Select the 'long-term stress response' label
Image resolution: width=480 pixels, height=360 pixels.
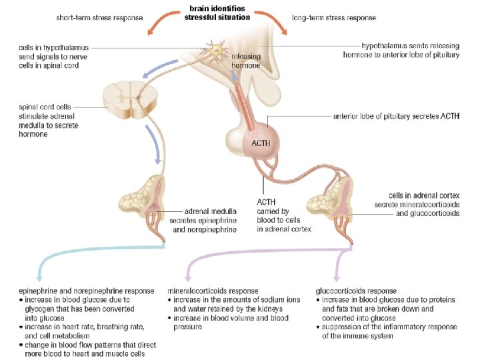333,17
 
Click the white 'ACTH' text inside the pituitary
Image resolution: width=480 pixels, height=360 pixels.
261,143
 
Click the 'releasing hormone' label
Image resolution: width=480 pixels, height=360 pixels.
245,61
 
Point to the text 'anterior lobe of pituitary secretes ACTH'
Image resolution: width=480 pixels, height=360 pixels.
396,116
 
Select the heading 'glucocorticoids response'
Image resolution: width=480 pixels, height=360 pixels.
356,291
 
